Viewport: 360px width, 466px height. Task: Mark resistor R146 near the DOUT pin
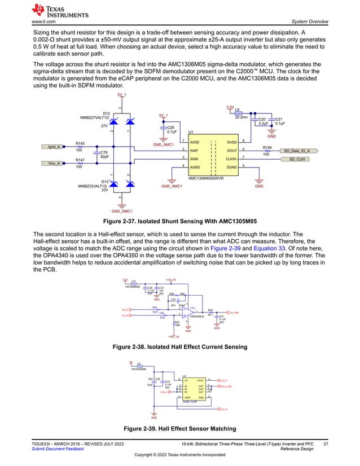pos(267,151)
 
